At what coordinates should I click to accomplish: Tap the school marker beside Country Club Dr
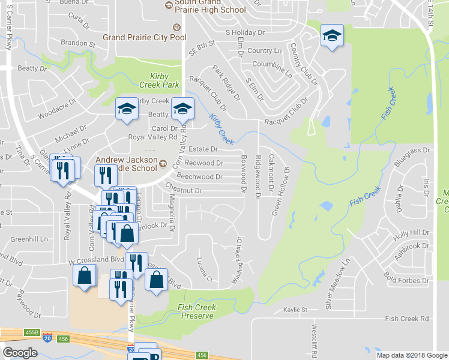tap(330, 35)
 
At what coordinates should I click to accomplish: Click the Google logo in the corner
tap(20, 353)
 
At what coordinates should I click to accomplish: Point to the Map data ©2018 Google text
tap(411, 355)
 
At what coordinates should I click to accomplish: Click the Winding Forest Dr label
tap(238, 260)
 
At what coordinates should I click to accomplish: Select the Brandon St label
tap(78, 44)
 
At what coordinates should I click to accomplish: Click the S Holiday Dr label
tap(245, 32)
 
